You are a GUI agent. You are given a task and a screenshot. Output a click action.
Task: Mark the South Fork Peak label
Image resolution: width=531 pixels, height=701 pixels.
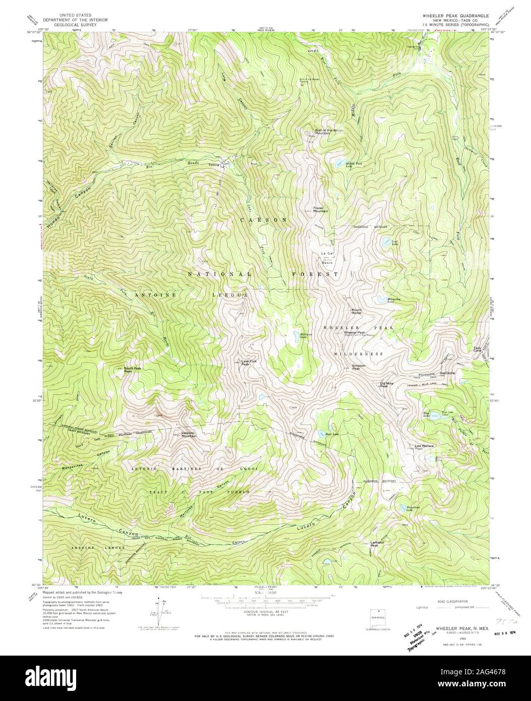pyautogui.click(x=132, y=370)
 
